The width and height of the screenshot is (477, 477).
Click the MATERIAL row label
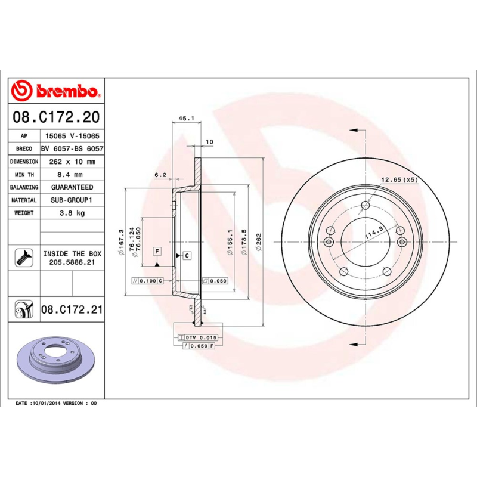tap(24, 200)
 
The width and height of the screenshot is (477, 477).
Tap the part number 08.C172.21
tap(72, 310)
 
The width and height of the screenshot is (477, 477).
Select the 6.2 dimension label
tap(160, 175)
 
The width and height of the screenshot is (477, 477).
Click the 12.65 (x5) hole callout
tap(399, 179)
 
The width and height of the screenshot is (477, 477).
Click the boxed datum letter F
tap(157, 251)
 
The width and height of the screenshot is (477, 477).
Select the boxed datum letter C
tap(187, 256)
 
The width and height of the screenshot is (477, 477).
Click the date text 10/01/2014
tap(47, 404)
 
